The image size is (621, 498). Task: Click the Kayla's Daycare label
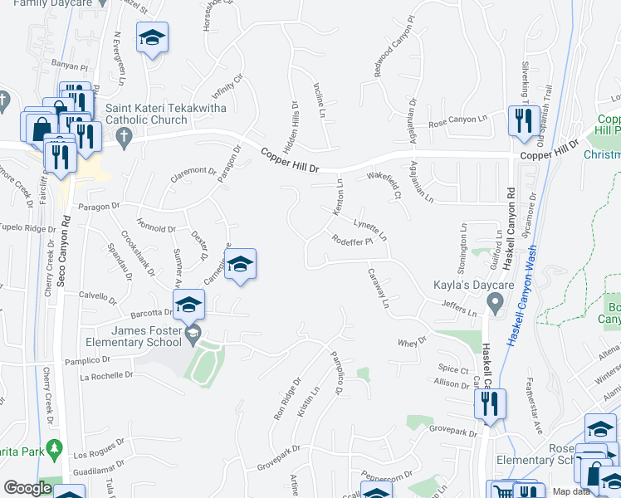tap(461, 286)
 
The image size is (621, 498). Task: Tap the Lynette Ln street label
tap(370, 229)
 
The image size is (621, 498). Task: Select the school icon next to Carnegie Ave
tap(240, 264)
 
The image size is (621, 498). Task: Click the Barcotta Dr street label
tap(150, 313)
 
